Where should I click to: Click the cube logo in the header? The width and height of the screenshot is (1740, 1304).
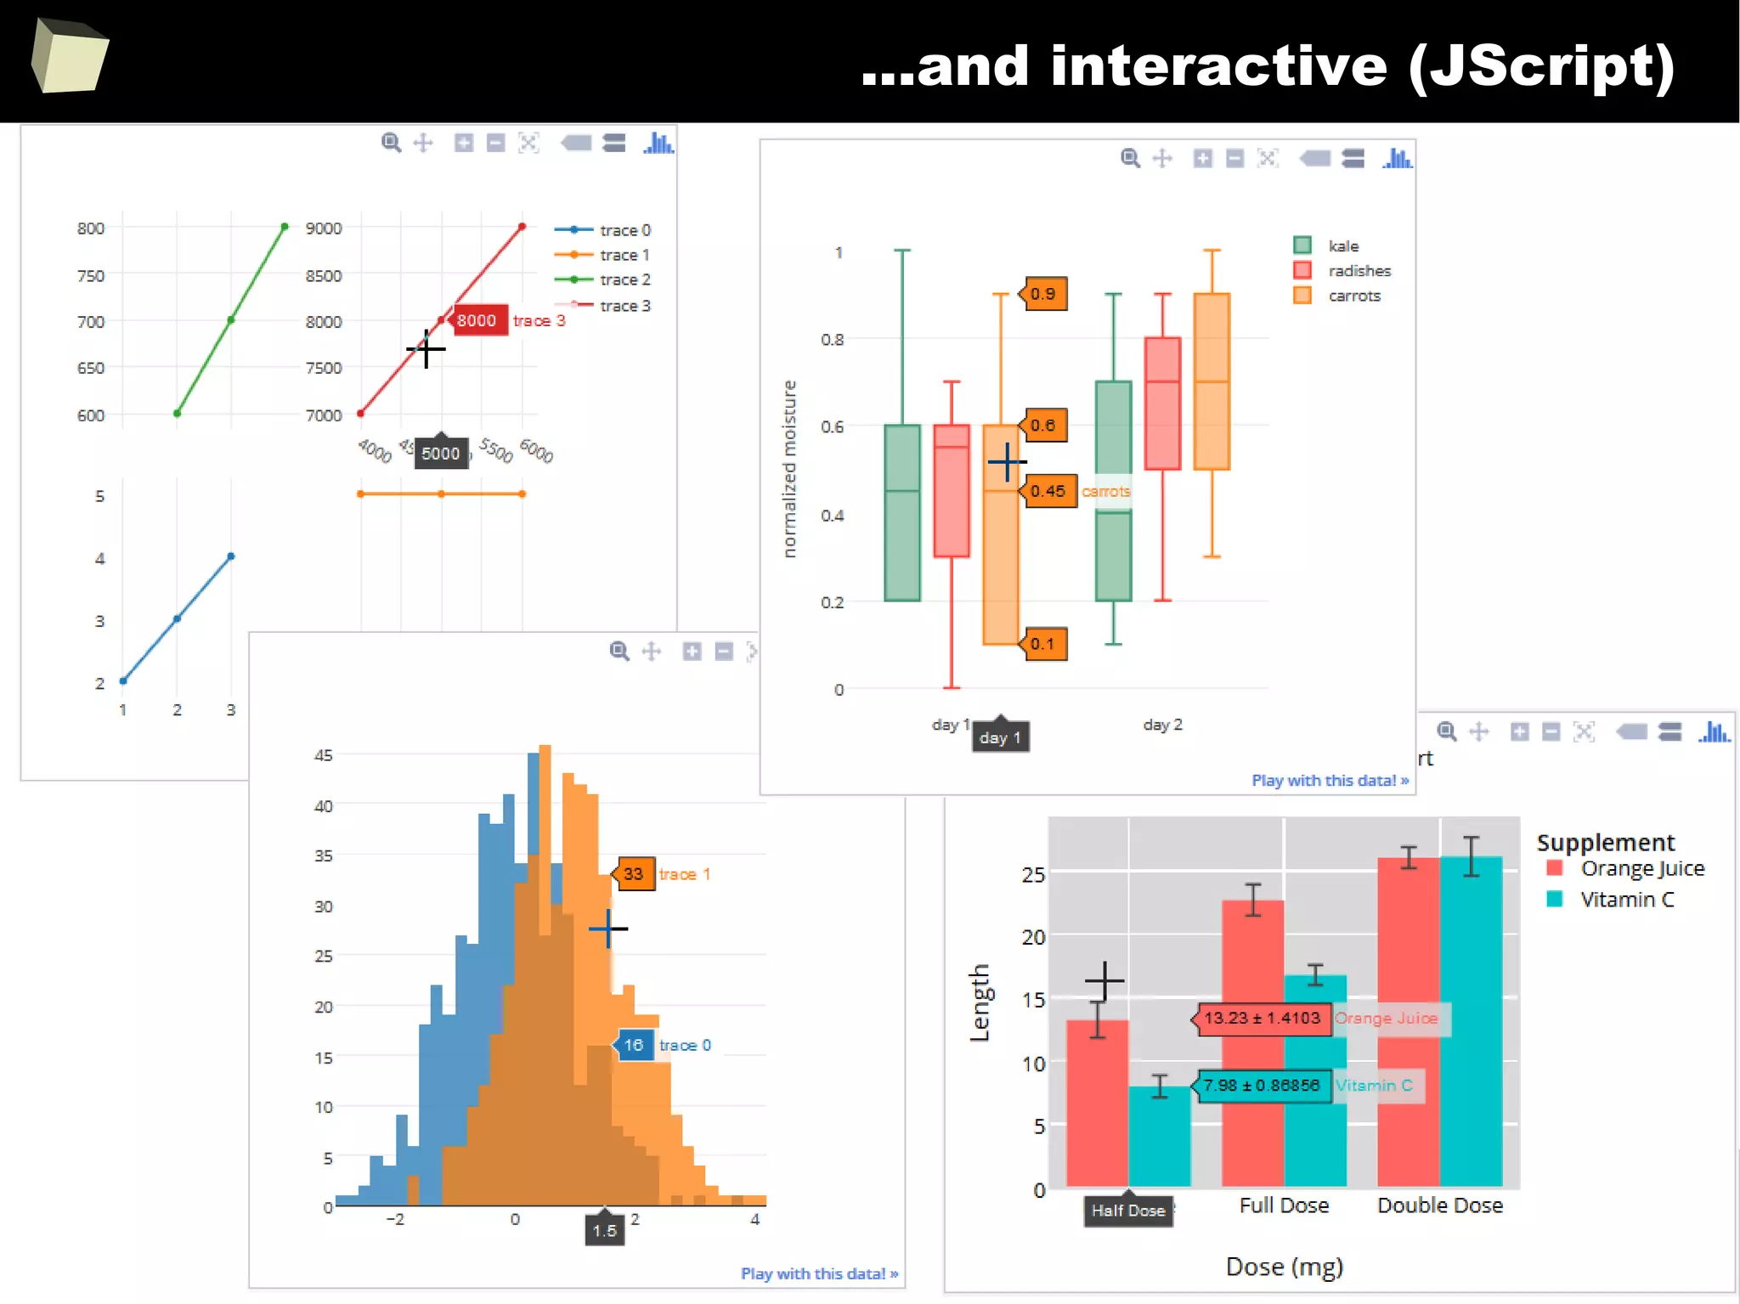click(70, 56)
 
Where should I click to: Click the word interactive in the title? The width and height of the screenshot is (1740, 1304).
click(1218, 66)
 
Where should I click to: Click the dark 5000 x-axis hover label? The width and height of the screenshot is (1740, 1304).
click(441, 454)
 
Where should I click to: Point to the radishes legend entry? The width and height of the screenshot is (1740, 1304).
click(1358, 271)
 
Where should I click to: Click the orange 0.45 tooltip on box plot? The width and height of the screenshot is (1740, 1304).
click(1048, 491)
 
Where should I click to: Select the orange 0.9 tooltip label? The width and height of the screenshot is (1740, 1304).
click(1044, 294)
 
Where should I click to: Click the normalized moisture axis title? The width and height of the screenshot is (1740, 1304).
click(789, 469)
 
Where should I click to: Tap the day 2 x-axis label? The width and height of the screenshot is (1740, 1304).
click(1162, 725)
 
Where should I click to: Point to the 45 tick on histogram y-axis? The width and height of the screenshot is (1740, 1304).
click(324, 755)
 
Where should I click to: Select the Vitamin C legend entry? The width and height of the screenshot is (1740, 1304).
click(1625, 900)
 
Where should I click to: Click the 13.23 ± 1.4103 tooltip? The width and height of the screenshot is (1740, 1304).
click(1263, 1018)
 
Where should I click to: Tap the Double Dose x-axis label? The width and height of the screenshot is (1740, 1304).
click(1440, 1205)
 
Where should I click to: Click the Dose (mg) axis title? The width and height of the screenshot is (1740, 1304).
click(1284, 1267)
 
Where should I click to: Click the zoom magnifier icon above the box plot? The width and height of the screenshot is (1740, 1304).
click(1130, 158)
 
